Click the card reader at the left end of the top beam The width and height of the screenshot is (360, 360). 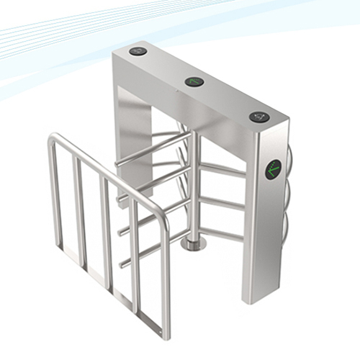pos(138,51)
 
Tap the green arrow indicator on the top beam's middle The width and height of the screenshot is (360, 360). pos(194,81)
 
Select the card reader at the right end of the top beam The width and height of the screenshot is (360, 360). pos(259,117)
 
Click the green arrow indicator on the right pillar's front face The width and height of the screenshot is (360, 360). pos(273,170)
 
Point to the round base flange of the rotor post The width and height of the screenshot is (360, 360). pos(193,245)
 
